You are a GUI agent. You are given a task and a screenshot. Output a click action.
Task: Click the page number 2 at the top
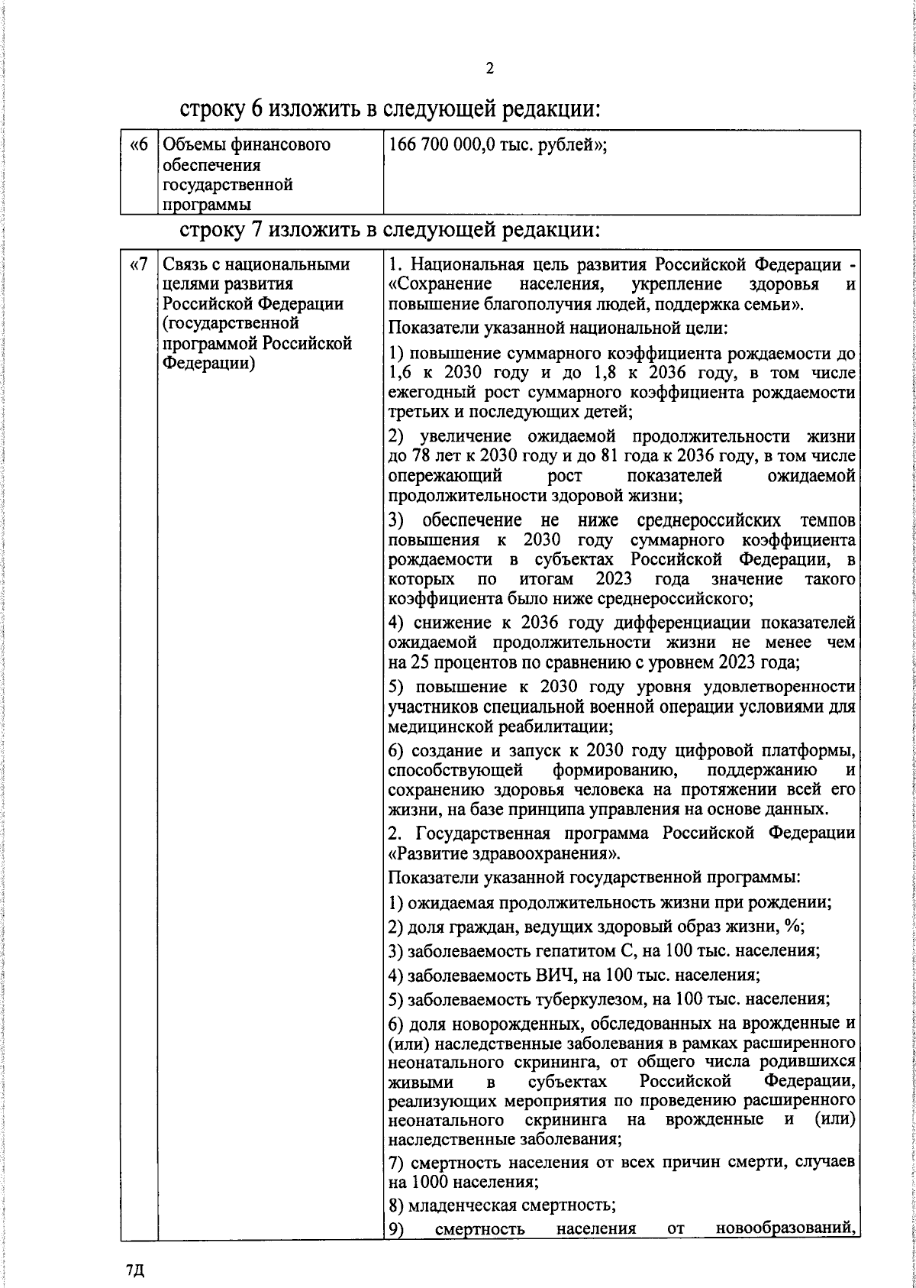pos(489,69)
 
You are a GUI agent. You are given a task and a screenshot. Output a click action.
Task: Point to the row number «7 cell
pos(138,266)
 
